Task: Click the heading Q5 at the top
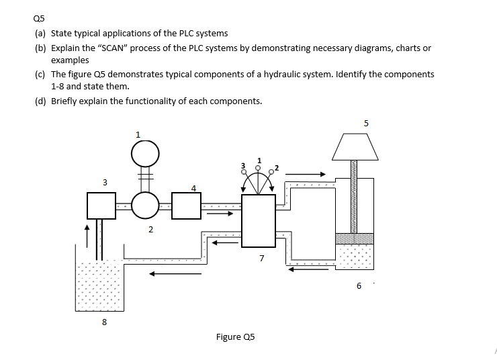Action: (x=42, y=19)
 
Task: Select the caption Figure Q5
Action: (x=235, y=336)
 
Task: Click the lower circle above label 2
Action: (x=145, y=206)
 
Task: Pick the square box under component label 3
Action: (x=102, y=206)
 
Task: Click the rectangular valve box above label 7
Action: (x=259, y=220)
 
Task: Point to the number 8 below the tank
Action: (x=104, y=322)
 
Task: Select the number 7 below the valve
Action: (x=261, y=257)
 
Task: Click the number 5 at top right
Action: (x=366, y=123)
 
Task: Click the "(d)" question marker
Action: (x=42, y=101)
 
